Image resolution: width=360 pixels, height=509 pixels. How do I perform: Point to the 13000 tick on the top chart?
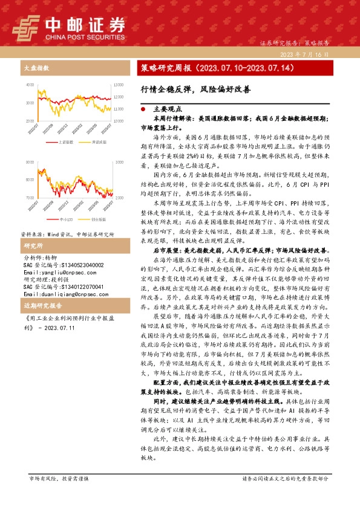point(118,84)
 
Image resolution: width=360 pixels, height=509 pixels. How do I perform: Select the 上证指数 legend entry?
point(66,141)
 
